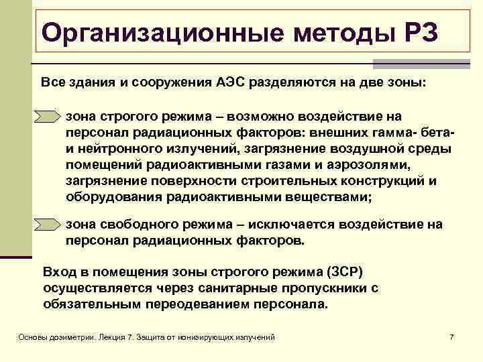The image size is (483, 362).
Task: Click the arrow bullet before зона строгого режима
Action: tap(48, 117)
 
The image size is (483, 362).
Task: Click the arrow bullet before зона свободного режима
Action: tap(48, 225)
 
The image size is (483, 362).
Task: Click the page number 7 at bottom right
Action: tap(451, 337)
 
